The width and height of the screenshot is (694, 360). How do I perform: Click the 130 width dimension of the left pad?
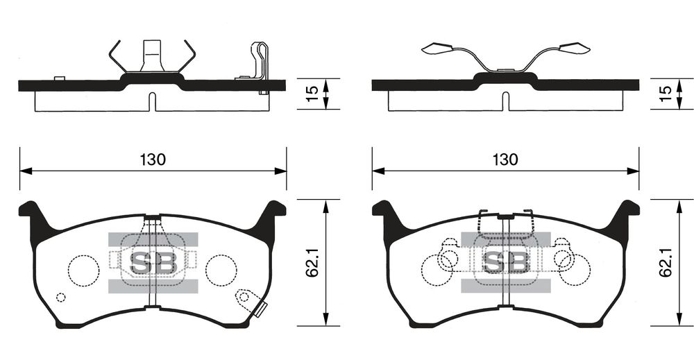tap(153, 160)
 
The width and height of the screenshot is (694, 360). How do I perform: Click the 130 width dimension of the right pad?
tap(505, 160)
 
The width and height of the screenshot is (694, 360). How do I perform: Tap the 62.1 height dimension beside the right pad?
tap(666, 262)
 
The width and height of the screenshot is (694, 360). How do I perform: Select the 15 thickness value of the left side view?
tap(312, 94)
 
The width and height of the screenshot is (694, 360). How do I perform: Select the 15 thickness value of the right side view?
tap(666, 94)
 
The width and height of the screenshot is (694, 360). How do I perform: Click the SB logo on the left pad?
tap(153, 263)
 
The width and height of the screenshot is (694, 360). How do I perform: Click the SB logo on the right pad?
tap(506, 263)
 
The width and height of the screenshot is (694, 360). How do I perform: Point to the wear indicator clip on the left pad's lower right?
tap(251, 302)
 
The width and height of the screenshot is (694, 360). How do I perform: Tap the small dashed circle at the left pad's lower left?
tap(61, 297)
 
